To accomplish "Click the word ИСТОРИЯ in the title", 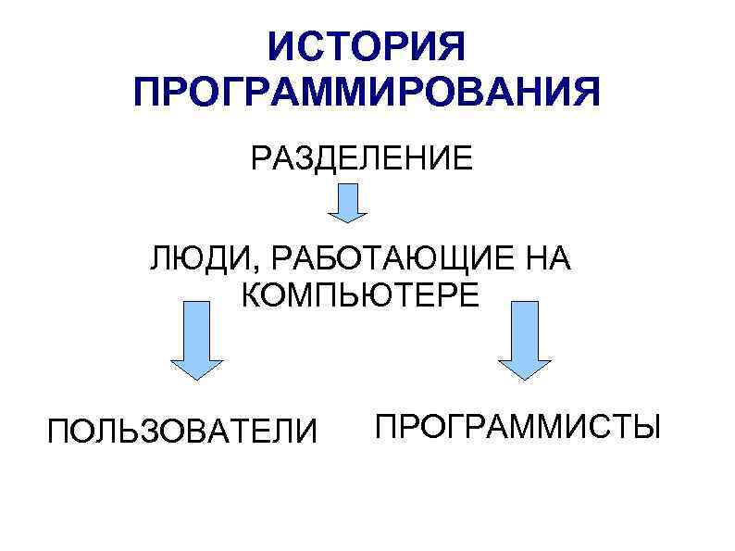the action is pos(367,46).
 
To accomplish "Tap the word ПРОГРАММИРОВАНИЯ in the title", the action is pos(367,94).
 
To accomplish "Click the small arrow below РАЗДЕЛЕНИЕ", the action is pos(347,202).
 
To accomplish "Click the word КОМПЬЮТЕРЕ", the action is pos(360,296).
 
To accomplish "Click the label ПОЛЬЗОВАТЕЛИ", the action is pos(182,431).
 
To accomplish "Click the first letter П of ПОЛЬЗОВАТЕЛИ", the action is pos(58,431).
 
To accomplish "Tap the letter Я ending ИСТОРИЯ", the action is pos(454,46).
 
